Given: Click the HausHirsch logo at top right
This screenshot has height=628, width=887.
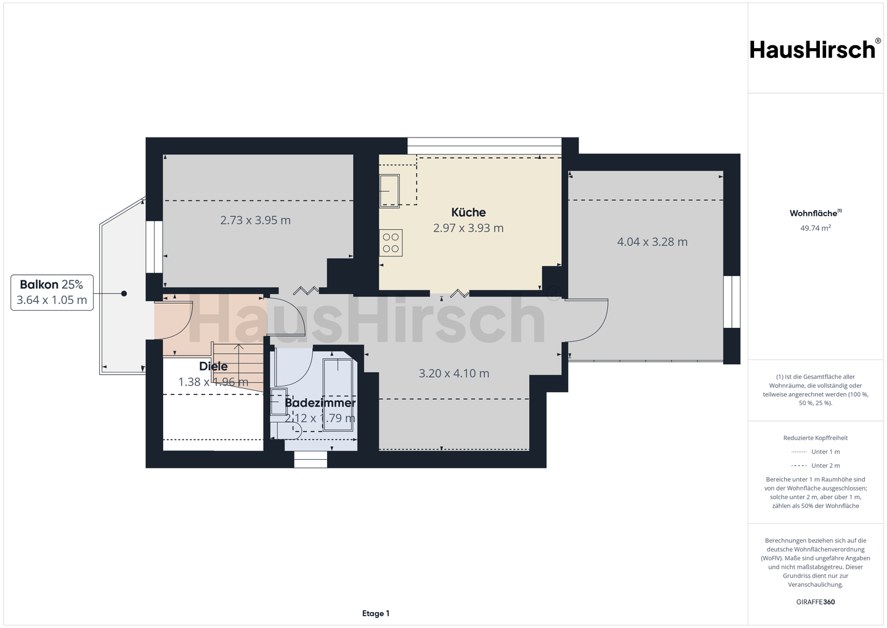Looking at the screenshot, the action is click(x=816, y=49).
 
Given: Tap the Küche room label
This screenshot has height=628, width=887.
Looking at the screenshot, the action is click(x=468, y=213).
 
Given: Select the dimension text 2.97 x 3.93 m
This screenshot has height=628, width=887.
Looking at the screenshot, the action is click(x=468, y=228).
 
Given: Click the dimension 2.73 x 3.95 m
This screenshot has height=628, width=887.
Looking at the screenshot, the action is click(x=256, y=220).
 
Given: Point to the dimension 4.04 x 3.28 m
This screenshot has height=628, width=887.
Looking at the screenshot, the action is click(x=652, y=242).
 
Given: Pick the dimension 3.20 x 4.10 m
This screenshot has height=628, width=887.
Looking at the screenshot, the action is click(x=454, y=373).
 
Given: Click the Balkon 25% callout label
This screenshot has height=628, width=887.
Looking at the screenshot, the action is click(x=52, y=285).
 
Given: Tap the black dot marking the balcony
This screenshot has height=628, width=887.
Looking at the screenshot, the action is click(x=124, y=293).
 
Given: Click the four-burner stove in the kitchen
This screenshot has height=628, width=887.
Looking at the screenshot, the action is click(x=391, y=243).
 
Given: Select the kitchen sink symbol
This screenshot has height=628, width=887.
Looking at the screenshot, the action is click(x=390, y=191).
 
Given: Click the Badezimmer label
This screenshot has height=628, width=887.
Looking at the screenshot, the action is click(x=320, y=403).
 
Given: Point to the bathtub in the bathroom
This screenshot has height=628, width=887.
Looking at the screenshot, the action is click(x=338, y=394).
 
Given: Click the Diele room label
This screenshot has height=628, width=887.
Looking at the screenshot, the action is click(x=213, y=366).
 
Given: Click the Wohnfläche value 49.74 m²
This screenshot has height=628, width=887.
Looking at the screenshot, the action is click(x=816, y=228).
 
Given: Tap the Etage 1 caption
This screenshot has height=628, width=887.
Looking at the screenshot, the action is click(x=376, y=613).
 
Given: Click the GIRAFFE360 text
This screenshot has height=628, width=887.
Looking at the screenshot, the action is click(x=816, y=602).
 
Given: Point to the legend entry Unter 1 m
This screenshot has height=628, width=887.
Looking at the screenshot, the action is click(x=816, y=452).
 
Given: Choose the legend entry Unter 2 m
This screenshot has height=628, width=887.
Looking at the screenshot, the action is click(x=816, y=465).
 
